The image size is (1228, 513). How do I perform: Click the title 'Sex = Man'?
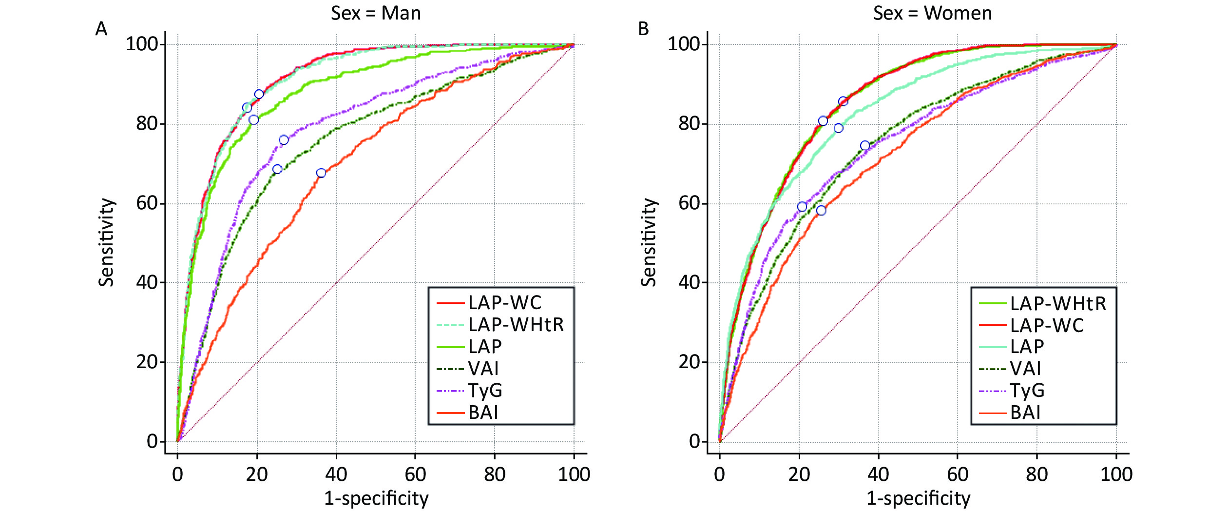[x=376, y=13]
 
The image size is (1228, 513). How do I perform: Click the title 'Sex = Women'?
[x=932, y=13]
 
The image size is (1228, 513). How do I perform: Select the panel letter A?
[x=101, y=29]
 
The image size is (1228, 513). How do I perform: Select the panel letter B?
[x=643, y=29]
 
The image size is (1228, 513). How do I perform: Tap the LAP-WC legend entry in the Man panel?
[x=504, y=303]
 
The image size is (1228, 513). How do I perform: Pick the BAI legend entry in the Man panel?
[x=483, y=413]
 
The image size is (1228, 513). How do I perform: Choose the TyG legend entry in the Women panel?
[x=1027, y=391]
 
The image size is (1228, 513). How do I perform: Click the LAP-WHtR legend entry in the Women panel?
[x=1057, y=304]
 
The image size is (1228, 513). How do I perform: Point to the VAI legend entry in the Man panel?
[x=483, y=369]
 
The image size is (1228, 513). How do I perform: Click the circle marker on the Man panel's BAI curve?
[x=321, y=173]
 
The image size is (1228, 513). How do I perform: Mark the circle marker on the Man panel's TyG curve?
[x=284, y=140]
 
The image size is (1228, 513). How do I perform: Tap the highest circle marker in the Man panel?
[x=259, y=94]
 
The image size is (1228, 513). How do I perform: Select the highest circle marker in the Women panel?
[x=843, y=101]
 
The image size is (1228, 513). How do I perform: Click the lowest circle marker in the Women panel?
[x=822, y=211]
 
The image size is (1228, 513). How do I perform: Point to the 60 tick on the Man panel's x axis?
[x=415, y=474]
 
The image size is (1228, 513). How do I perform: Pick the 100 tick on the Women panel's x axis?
[x=1116, y=474]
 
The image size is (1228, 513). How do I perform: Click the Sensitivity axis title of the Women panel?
[x=649, y=242]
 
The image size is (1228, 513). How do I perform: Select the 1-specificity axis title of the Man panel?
[x=376, y=498]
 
